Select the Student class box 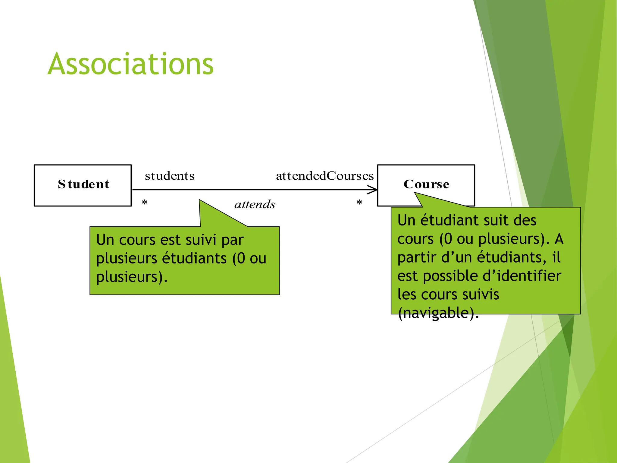click(x=83, y=185)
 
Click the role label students click(x=170, y=176)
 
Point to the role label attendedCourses click(x=325, y=176)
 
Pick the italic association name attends click(x=255, y=204)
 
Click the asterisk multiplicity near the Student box click(x=145, y=203)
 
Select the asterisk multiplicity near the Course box click(x=359, y=203)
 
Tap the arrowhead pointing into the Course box click(x=373, y=190)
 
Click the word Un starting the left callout click(x=105, y=240)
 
